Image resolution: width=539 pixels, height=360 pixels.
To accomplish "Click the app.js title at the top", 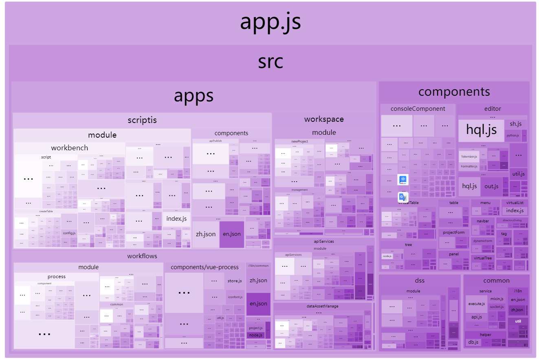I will click(x=270, y=22).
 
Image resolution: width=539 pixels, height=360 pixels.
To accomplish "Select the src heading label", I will click(x=270, y=62).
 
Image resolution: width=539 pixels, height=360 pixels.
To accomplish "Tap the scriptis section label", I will click(x=142, y=120).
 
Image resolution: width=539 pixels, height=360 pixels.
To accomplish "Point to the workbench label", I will click(x=70, y=148).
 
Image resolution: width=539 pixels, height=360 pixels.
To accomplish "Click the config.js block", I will click(x=69, y=233).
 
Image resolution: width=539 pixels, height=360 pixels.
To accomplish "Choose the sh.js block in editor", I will click(x=515, y=124).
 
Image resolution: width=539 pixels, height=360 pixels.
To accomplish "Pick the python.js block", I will click(x=513, y=135).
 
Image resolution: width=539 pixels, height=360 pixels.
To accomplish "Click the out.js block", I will click(x=491, y=186).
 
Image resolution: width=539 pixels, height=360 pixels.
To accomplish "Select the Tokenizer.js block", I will click(x=469, y=156).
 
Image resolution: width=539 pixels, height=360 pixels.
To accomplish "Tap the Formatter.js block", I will click(x=469, y=166).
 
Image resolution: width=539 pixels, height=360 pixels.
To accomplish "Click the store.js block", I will click(x=235, y=281).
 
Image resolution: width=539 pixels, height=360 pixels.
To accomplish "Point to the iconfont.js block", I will click(x=235, y=297).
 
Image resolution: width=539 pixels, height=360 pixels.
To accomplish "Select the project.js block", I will click(x=255, y=328).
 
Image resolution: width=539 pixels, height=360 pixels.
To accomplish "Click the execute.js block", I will click(x=476, y=304).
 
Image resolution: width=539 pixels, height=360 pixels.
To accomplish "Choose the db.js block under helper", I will click(x=473, y=342).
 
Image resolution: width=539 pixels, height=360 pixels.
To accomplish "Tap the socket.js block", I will click(x=497, y=307).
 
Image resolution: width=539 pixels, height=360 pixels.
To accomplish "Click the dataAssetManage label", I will click(x=322, y=306).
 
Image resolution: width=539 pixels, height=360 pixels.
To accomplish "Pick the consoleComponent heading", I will click(x=418, y=109).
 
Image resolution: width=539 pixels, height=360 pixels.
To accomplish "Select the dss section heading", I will click(x=420, y=280).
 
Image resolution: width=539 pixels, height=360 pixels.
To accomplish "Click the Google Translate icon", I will click(x=403, y=198).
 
